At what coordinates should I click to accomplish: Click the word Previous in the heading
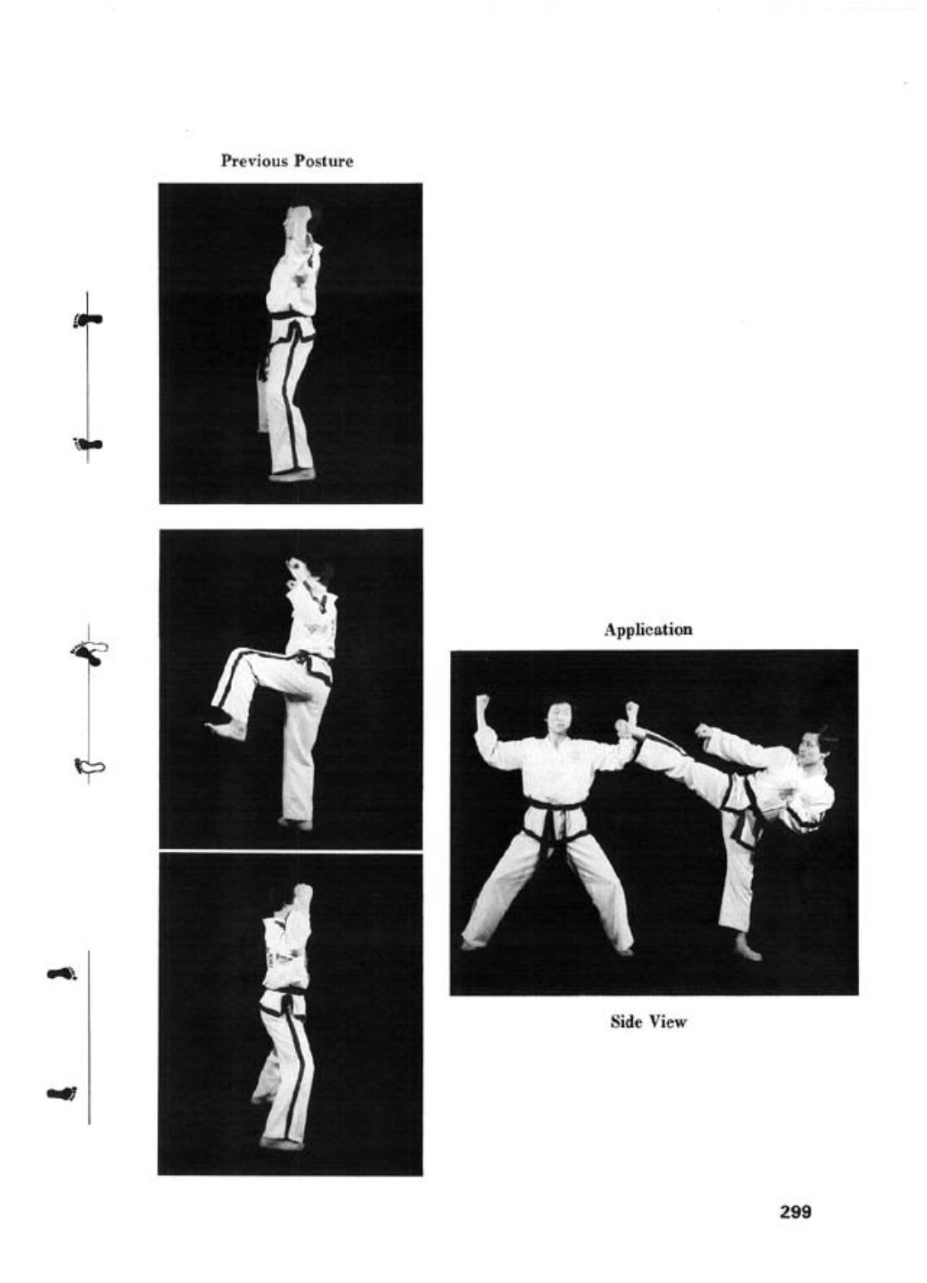pos(255,161)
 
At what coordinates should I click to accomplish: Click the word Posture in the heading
pos(324,161)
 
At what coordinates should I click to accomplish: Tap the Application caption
pos(648,630)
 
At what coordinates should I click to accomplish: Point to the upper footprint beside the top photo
pos(88,320)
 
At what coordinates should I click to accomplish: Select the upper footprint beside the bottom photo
pos(62,973)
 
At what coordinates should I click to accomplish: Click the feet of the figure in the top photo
pos(292,475)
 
